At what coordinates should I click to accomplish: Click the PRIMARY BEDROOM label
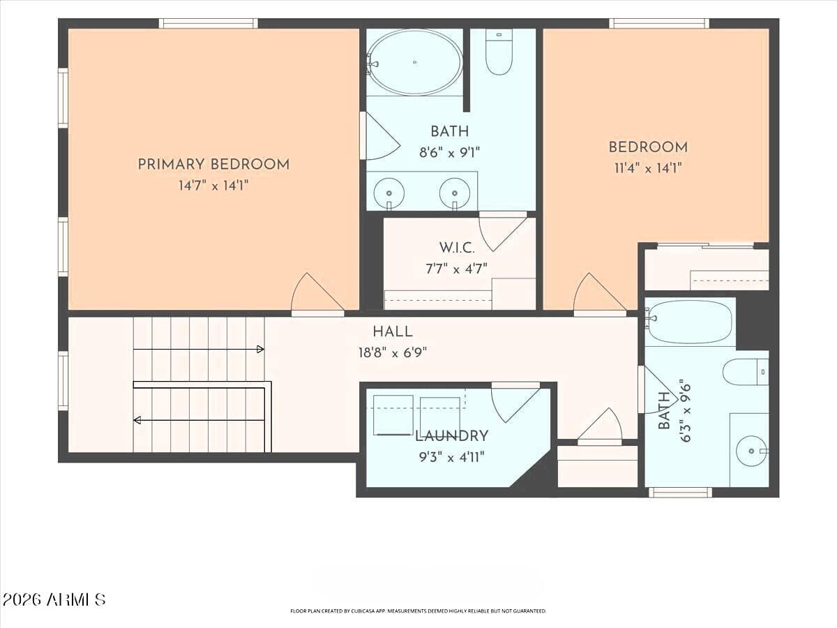[x=213, y=165]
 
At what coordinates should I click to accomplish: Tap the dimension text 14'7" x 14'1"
[x=213, y=186]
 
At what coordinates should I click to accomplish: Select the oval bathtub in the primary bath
[x=414, y=63]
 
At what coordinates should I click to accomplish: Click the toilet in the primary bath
[x=499, y=52]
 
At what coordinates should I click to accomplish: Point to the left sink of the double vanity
[x=389, y=193]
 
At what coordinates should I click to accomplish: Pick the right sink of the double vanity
[x=455, y=193]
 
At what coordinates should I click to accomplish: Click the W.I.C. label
[x=457, y=248]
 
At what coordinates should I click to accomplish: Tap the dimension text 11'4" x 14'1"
[x=648, y=168]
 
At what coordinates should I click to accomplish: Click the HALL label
[x=393, y=331]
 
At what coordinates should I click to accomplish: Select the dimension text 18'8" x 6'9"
[x=393, y=352]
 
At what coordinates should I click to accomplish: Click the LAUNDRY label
[x=452, y=436]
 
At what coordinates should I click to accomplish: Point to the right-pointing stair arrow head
[x=260, y=350]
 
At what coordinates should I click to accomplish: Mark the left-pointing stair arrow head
[x=137, y=420]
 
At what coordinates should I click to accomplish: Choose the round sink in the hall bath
[x=751, y=451]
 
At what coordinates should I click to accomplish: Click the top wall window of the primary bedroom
[x=208, y=23]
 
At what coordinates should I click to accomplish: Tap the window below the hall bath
[x=680, y=493]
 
